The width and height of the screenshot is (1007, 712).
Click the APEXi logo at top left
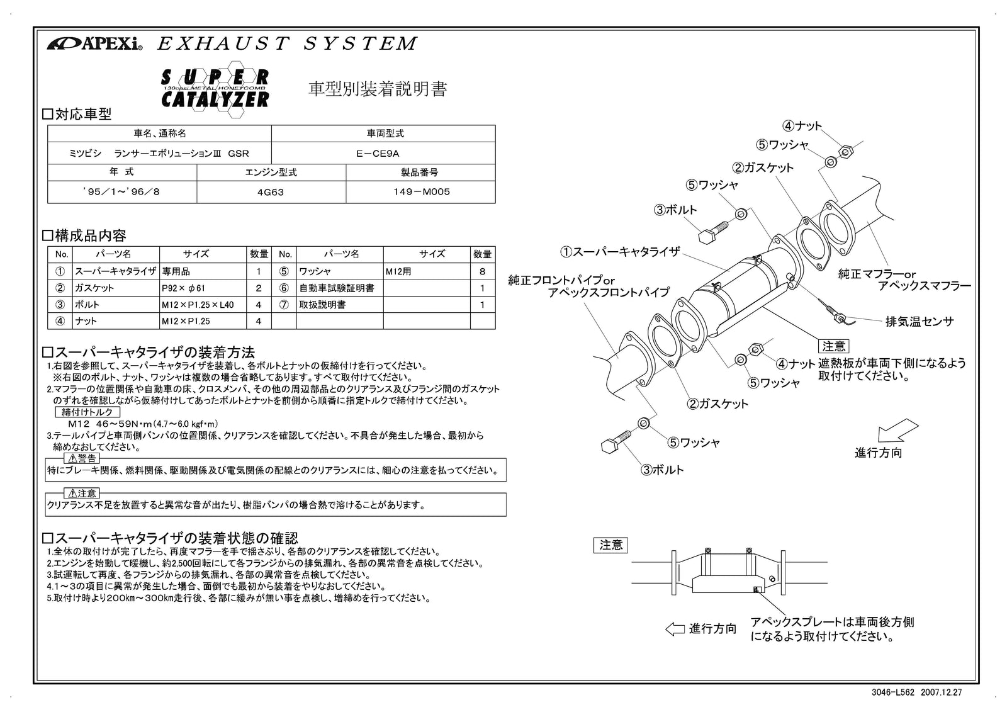click(x=94, y=44)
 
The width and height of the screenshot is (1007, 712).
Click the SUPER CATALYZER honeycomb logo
click(x=215, y=89)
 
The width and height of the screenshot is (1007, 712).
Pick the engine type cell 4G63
click(x=271, y=192)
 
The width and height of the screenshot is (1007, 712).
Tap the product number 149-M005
click(x=420, y=192)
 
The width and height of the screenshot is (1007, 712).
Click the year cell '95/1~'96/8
click(x=121, y=192)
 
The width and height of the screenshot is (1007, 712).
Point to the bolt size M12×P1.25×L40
click(x=197, y=305)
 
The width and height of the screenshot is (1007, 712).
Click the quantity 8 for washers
click(x=482, y=271)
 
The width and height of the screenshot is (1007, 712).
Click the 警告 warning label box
click(x=82, y=458)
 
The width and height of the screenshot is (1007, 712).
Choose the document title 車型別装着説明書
click(x=377, y=89)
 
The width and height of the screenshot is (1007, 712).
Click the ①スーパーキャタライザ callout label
click(x=620, y=252)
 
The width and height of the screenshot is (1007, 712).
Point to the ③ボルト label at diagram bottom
click(x=662, y=470)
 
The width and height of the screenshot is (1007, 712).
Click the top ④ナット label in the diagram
click(x=802, y=126)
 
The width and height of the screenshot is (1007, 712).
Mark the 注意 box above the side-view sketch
click(x=610, y=545)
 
